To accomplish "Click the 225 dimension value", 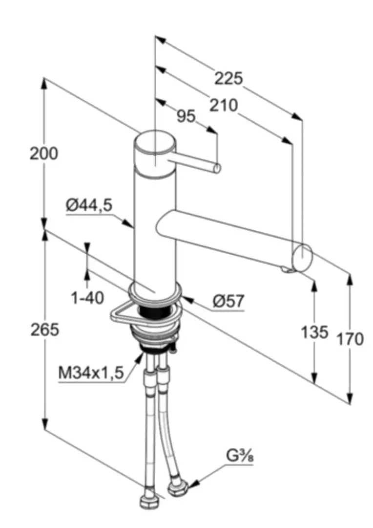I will point(228,78).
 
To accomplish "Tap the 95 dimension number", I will point(186,116).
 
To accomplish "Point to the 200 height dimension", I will point(43,154).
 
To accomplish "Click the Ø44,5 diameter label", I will point(89,206).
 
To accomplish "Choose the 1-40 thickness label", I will point(87,297).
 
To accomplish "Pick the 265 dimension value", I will point(44,330).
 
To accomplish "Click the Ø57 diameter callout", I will point(228,301).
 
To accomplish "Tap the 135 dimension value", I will point(314,333).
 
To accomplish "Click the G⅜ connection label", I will point(240,457).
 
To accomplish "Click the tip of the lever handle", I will point(217,169).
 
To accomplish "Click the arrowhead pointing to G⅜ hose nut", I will point(192,484).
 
